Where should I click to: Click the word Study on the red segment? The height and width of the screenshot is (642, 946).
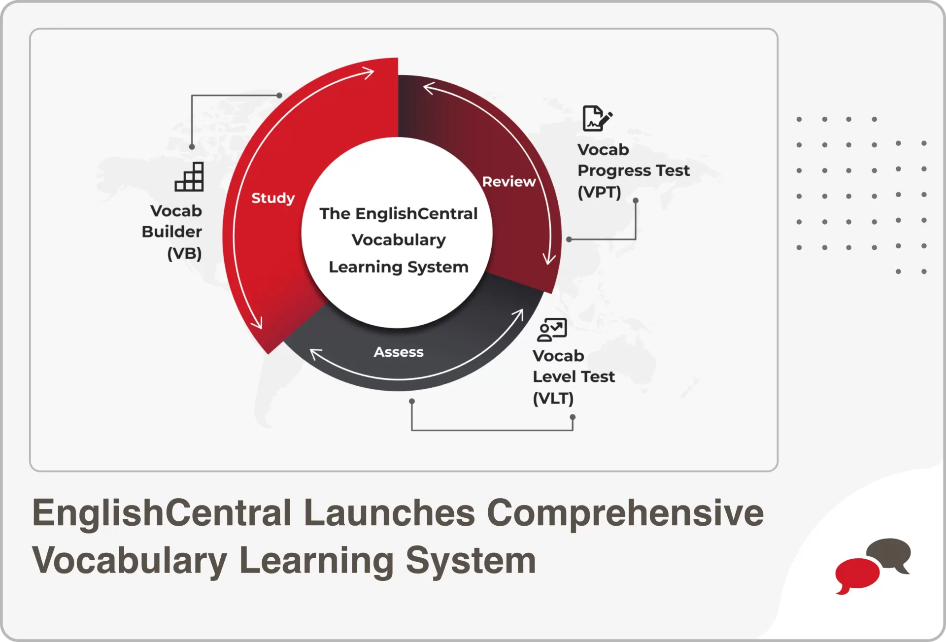(273, 198)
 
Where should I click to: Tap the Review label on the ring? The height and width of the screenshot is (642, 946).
(508, 182)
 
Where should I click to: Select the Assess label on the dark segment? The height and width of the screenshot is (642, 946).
(398, 352)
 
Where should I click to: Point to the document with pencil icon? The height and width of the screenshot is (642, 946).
(597, 118)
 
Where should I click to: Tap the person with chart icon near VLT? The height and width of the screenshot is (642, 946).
(552, 330)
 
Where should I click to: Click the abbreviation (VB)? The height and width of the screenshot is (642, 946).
(184, 253)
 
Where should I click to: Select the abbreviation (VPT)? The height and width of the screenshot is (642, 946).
(599, 192)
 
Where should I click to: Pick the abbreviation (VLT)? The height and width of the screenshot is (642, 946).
(553, 398)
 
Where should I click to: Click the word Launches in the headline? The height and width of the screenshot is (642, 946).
(389, 513)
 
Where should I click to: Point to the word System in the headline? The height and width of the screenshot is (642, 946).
(471, 561)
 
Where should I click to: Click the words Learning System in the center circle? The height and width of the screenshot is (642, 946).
(398, 267)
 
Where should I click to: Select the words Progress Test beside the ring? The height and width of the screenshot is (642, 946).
(633, 170)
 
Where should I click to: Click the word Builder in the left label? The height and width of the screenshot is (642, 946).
(171, 232)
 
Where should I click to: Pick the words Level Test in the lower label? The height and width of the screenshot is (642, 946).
(574, 376)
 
